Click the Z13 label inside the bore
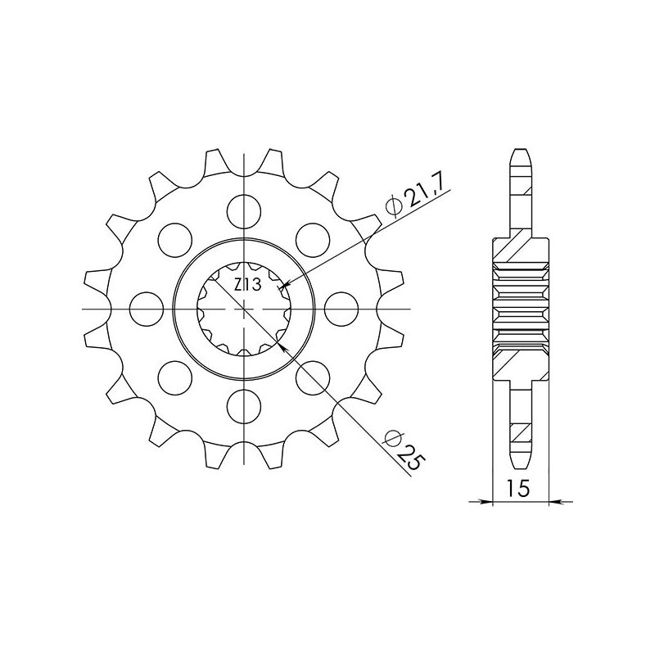246,287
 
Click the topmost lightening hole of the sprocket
246,210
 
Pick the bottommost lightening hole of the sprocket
246,406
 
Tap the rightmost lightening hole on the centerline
343,309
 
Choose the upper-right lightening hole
315,239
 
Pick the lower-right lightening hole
315,377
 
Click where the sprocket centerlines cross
246,309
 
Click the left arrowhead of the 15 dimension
486,500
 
